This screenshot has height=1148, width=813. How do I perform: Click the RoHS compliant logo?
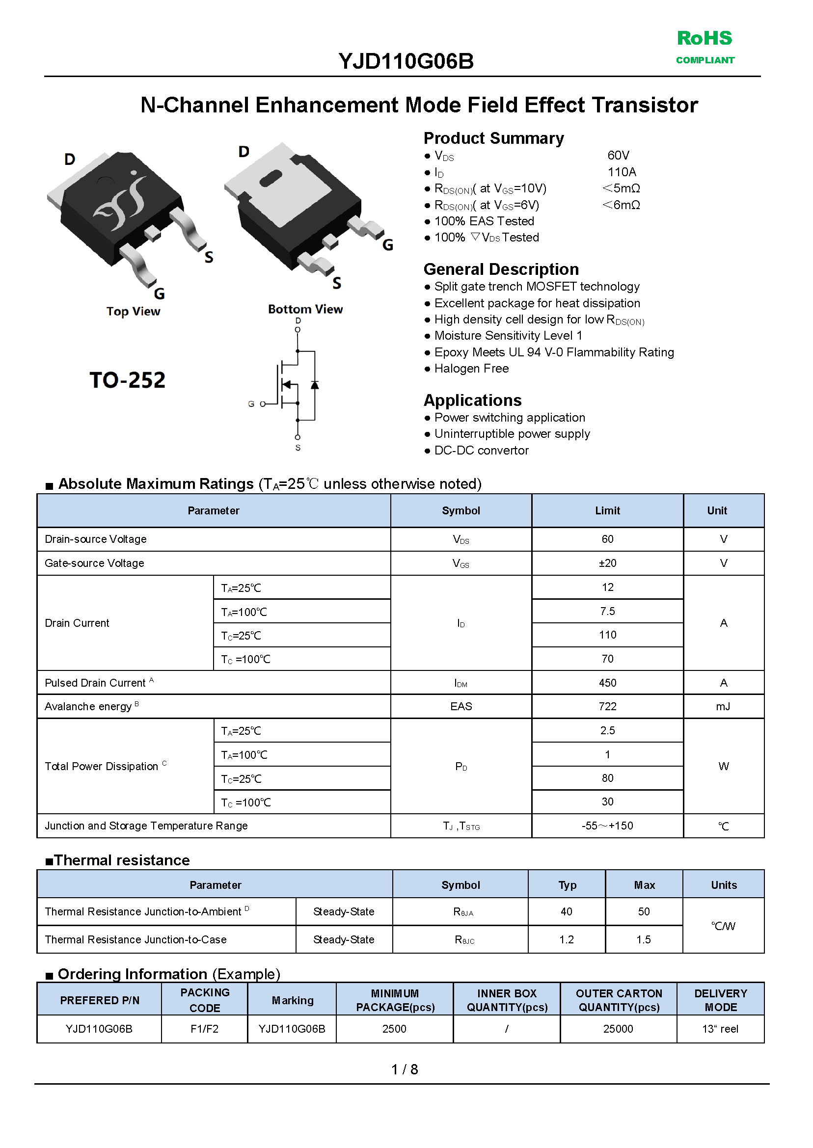705,47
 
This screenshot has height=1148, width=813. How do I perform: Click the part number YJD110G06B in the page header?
406,61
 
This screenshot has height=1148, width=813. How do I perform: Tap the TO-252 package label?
127,380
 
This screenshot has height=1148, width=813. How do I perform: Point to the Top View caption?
133,311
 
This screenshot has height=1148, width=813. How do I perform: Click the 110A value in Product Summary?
621,172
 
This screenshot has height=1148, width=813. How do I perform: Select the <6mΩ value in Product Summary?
621,205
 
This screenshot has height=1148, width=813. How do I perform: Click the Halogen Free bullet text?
471,369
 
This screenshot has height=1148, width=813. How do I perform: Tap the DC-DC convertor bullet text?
481,451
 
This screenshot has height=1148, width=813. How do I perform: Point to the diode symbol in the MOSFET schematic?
314,385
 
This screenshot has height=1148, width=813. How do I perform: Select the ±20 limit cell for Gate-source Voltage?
607,563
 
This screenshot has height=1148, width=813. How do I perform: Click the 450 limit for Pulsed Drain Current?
607,683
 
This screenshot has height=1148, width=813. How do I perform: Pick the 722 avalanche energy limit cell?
607,706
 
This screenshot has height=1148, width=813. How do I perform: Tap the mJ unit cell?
723,706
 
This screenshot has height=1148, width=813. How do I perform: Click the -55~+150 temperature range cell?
607,826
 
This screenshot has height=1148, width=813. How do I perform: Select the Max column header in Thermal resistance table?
644,885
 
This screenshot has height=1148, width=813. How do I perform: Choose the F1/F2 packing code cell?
204,1029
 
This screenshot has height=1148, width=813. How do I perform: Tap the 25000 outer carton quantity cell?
618,1029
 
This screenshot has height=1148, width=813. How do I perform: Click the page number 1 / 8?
405,1069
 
